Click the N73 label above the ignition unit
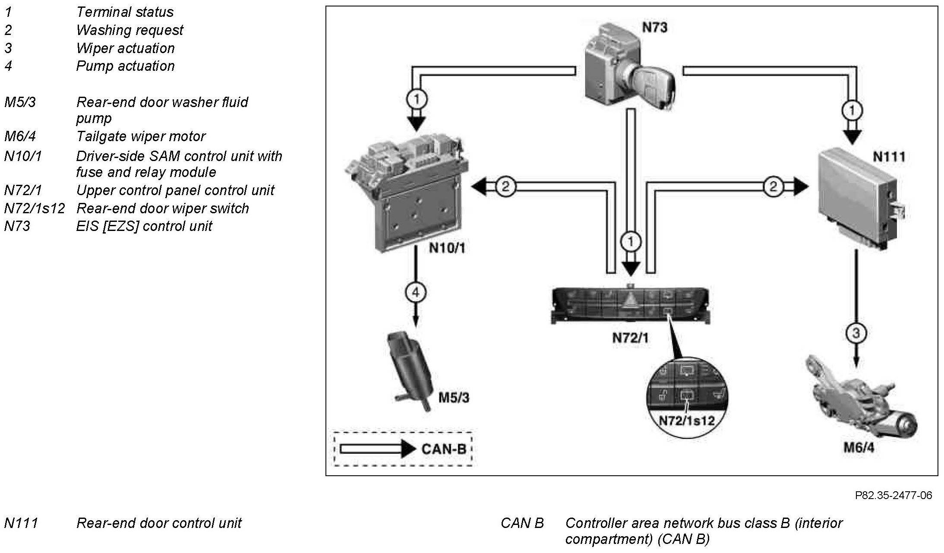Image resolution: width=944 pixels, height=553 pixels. click(x=654, y=28)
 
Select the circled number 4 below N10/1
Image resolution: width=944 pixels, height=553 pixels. click(x=415, y=293)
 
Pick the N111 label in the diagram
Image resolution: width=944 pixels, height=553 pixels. click(x=889, y=156)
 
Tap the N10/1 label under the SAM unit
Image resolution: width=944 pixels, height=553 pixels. click(x=447, y=248)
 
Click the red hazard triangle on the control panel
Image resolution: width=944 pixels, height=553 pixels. click(x=631, y=301)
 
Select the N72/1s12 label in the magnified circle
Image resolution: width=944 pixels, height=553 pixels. click(x=686, y=420)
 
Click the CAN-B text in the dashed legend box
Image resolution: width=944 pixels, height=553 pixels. click(x=444, y=449)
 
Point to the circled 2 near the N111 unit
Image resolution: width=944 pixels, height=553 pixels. click(x=773, y=186)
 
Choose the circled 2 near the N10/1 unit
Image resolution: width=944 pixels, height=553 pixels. click(x=505, y=186)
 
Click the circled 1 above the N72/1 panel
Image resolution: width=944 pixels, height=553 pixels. click(x=631, y=241)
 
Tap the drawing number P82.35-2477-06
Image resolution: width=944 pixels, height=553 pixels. click(x=893, y=495)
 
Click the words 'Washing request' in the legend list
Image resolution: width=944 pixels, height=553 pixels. click(x=129, y=30)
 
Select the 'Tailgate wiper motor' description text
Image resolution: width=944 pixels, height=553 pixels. click(x=141, y=136)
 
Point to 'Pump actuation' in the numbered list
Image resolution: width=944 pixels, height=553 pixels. click(x=125, y=66)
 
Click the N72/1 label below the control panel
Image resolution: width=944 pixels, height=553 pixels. click(x=630, y=338)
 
